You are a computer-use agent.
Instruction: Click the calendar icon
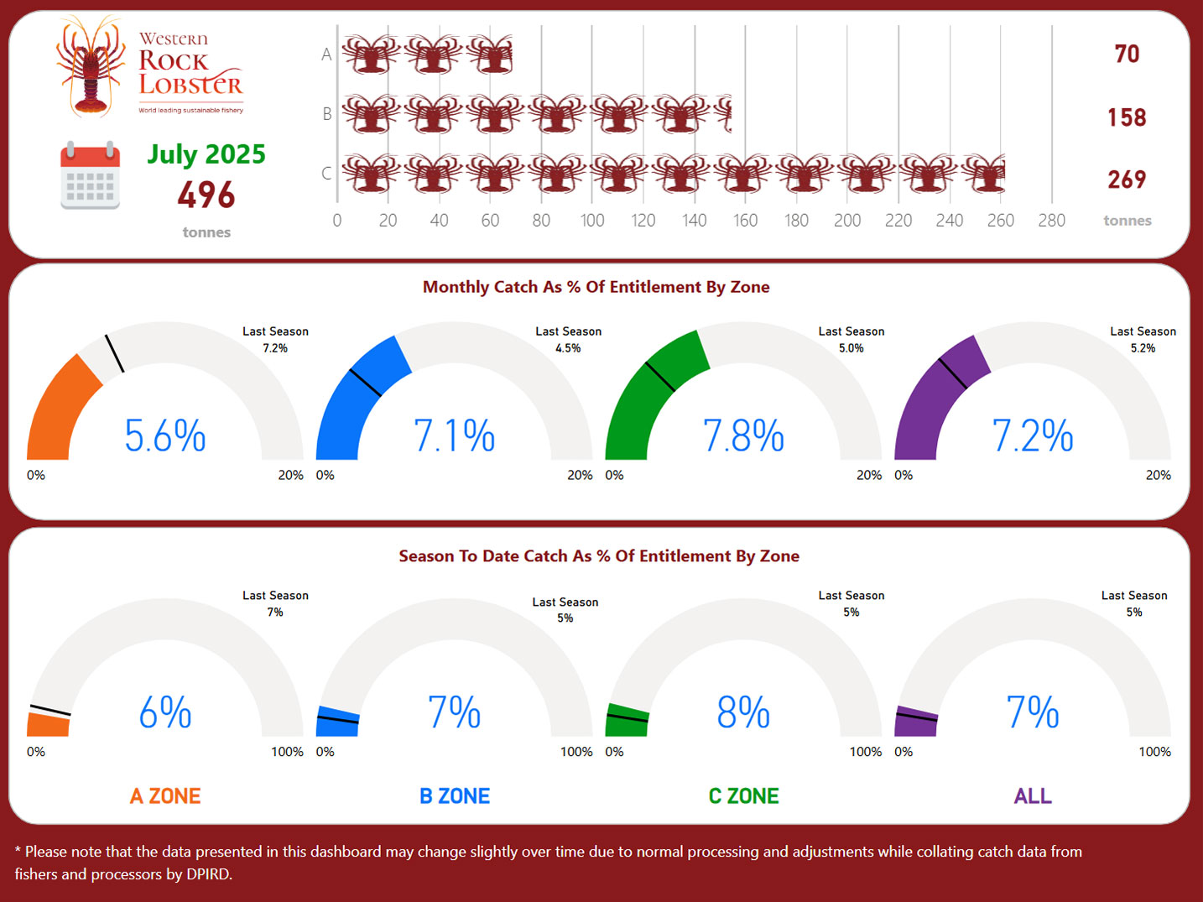(90, 175)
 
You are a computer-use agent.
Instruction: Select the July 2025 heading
(206, 154)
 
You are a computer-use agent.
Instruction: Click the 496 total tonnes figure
(206, 196)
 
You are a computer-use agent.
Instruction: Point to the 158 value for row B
(1127, 117)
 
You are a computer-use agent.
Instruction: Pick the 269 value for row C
(1127, 180)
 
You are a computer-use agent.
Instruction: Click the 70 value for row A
(1127, 55)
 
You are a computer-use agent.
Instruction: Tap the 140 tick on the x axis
(694, 221)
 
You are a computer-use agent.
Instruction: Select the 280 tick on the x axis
(1051, 221)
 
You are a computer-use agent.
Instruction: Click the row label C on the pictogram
(326, 174)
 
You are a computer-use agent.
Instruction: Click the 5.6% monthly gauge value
(165, 436)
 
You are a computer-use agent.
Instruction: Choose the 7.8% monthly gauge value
(743, 436)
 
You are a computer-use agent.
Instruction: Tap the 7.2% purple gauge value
(1033, 436)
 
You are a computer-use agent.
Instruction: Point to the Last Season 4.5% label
(568, 340)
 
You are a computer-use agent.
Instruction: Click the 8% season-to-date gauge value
(743, 712)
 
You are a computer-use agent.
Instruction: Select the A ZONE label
(165, 796)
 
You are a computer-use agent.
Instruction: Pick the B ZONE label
(455, 796)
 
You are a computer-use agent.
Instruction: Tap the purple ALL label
(1033, 796)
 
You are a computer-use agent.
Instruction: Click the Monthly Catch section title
(596, 287)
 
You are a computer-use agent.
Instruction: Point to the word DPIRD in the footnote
(206, 874)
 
